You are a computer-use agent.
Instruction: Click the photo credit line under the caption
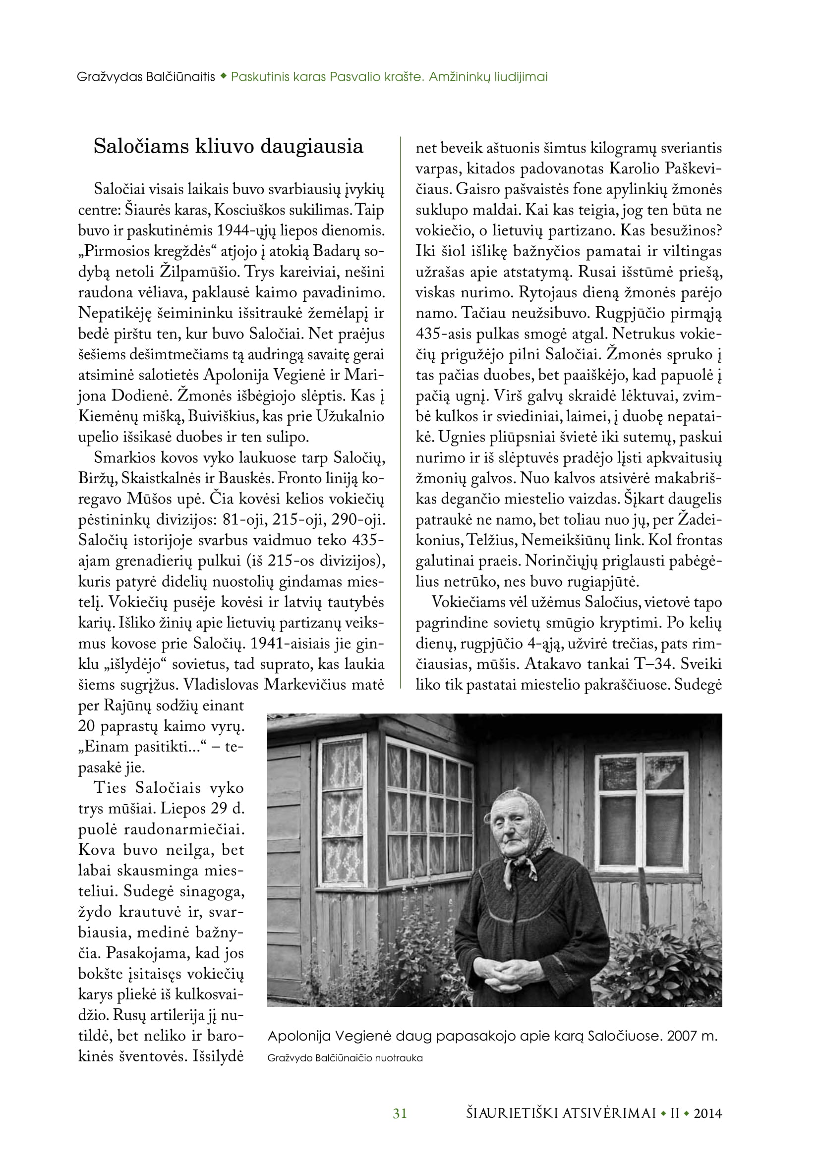click(x=345, y=1058)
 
